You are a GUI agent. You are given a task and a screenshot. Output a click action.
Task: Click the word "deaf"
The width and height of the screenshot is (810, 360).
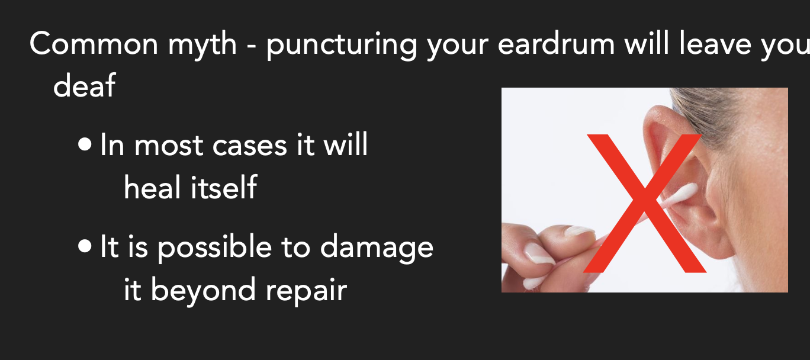click(84, 86)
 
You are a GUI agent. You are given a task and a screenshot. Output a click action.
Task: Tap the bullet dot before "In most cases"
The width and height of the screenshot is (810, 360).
click(85, 144)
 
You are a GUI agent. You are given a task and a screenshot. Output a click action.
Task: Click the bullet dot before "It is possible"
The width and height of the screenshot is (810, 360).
click(85, 246)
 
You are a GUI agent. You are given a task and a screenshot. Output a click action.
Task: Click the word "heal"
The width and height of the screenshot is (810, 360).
click(152, 188)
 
